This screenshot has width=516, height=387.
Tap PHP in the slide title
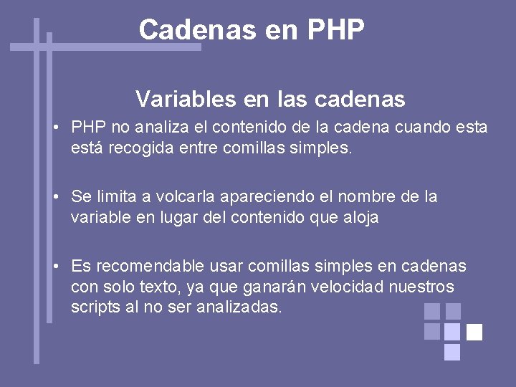pos(335,30)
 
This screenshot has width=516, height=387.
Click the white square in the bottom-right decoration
pos(474,332)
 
